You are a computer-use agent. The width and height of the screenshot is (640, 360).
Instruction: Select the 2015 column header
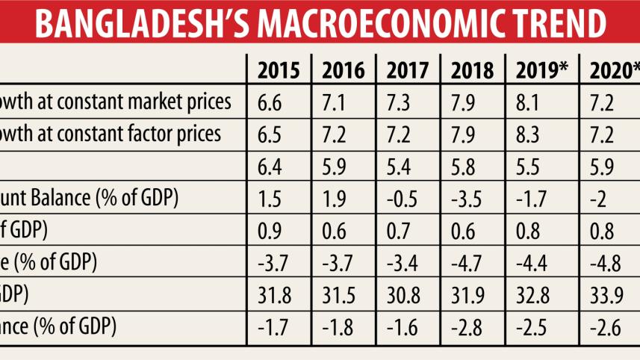279,71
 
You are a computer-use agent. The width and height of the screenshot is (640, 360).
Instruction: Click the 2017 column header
408,71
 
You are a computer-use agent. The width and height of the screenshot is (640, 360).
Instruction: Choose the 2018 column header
473,71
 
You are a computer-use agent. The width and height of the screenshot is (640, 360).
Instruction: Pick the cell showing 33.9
606,295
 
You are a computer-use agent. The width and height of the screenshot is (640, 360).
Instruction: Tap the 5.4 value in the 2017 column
400,167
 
